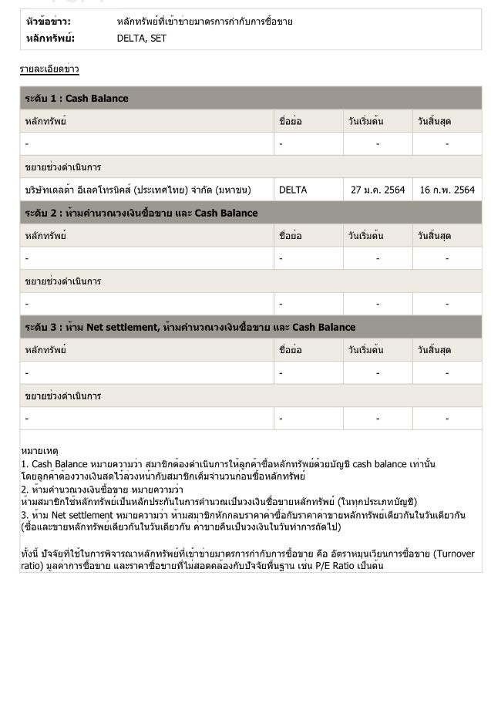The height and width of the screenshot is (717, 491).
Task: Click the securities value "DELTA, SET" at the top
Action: coord(141,38)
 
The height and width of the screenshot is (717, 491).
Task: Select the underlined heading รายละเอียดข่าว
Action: coord(49,69)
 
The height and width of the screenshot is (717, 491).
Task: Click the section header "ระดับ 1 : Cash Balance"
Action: coord(76,98)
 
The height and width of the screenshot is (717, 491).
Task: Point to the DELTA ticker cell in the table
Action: coord(293,190)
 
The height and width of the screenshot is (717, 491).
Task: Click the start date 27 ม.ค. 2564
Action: coord(377,190)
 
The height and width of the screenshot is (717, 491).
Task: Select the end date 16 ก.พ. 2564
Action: coord(447,190)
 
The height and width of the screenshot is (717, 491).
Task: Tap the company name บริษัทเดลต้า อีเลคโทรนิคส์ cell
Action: coord(137,190)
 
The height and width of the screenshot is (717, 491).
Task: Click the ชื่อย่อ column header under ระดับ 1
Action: coord(290,121)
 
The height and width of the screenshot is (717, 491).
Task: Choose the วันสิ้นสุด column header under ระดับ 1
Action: coord(434,121)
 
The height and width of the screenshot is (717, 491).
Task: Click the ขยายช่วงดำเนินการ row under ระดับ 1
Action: coord(63,167)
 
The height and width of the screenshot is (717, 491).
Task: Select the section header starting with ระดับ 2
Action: coord(141,213)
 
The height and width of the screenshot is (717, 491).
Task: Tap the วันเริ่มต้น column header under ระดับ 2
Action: coord(365,235)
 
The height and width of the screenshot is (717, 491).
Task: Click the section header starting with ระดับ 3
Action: coord(190,327)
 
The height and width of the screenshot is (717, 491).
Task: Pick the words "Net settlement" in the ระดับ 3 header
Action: coord(122,327)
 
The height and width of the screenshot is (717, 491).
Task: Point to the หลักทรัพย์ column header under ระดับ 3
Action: coord(45,350)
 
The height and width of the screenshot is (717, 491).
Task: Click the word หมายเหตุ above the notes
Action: coord(39,450)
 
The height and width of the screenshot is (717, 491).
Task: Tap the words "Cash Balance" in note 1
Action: coord(59,464)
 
